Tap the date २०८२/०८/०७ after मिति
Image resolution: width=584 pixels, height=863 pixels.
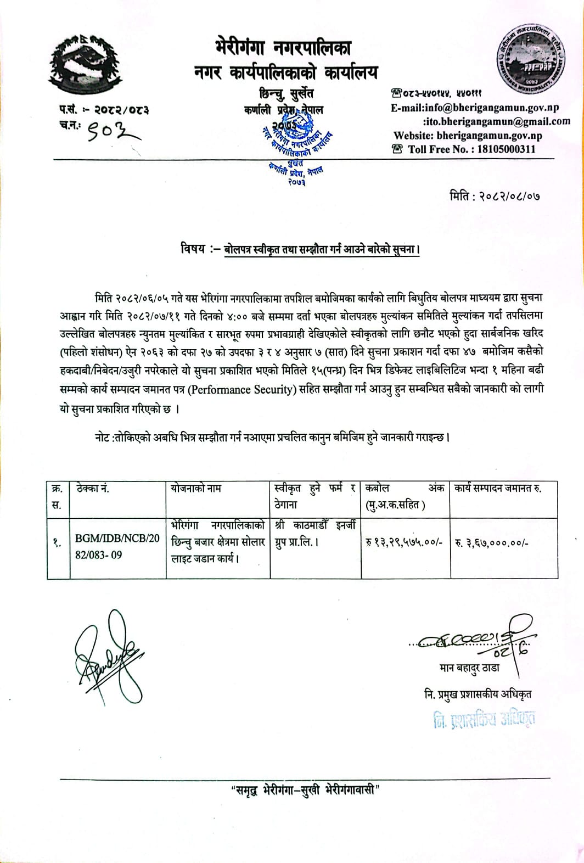510,196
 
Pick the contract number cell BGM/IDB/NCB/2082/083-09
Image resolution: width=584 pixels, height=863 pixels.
117,546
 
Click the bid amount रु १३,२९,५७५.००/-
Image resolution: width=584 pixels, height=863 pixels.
405,542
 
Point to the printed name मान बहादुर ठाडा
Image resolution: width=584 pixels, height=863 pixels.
470,668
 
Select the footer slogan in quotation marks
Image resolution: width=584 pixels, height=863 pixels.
305,791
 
